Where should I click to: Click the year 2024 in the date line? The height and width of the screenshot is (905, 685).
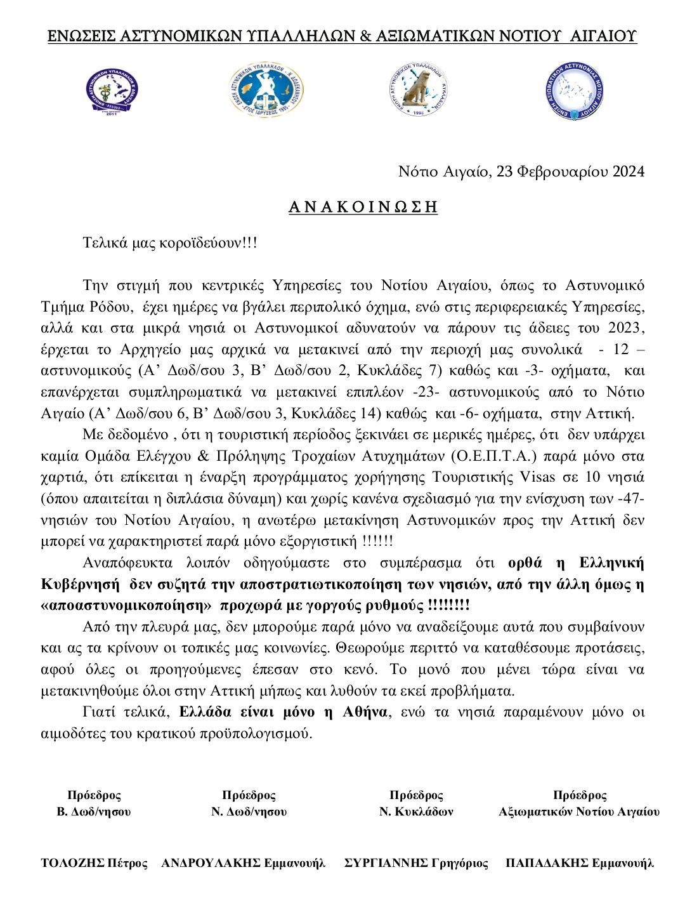(628, 171)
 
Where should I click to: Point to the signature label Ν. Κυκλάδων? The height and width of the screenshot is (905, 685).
(416, 812)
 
